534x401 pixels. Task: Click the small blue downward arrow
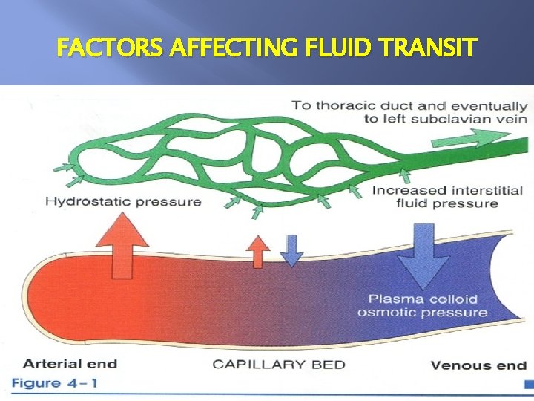pyautogui.click(x=291, y=250)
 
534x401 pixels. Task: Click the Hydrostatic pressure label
pyautogui.click(x=123, y=201)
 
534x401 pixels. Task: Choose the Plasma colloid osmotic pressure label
pyautogui.click(x=423, y=306)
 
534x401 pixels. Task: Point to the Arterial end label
pyautogui.click(x=70, y=364)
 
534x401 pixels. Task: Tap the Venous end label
pyautogui.click(x=478, y=365)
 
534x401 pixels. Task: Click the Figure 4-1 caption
pyautogui.click(x=54, y=384)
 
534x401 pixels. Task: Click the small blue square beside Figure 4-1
pyautogui.click(x=527, y=384)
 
